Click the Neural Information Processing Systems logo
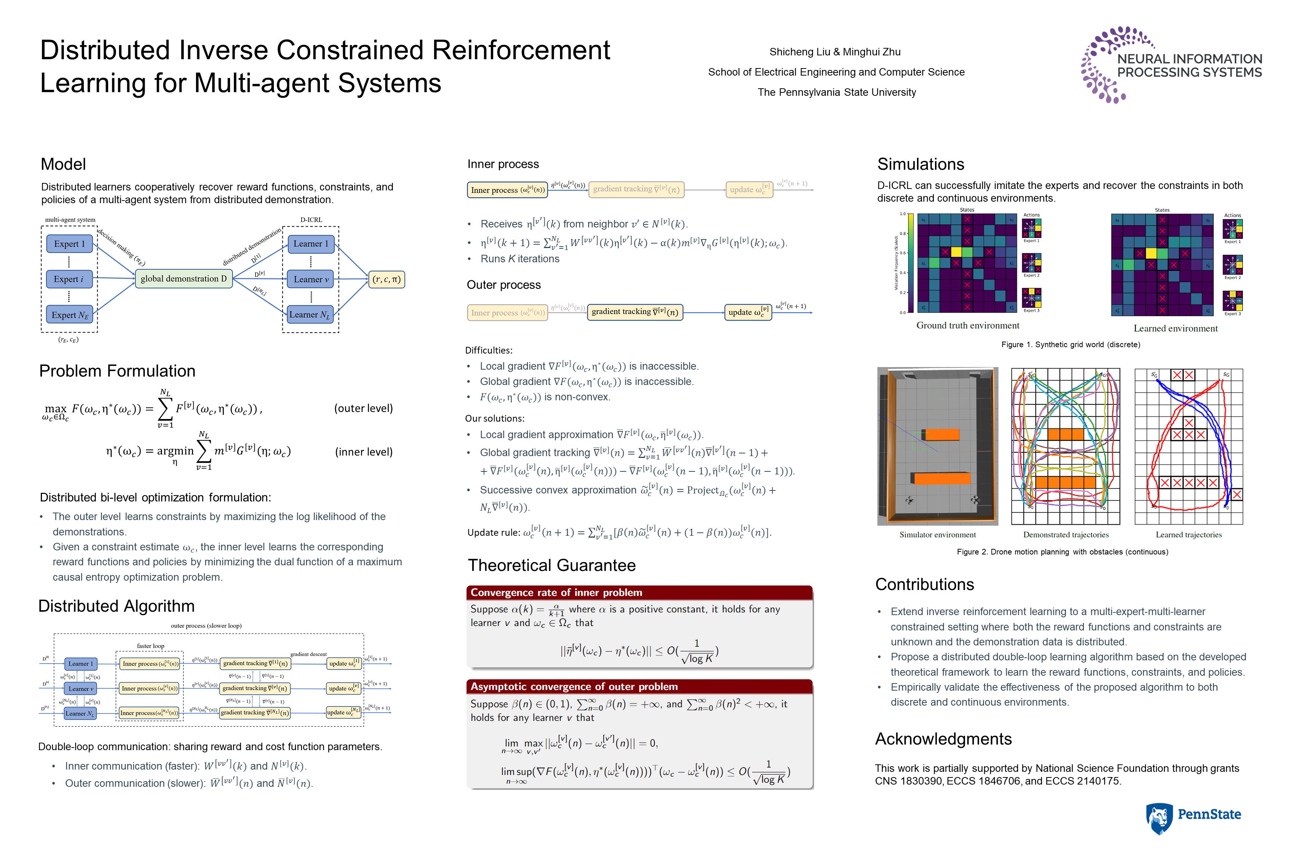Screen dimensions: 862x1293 pyautogui.click(x=1171, y=65)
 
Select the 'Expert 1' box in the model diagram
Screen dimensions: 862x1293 pyautogui.click(x=69, y=244)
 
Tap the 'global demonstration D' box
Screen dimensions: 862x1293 pyautogui.click(x=184, y=279)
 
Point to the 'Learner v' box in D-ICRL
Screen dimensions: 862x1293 pyautogui.click(x=311, y=279)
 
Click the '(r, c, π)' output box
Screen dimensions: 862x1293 pyautogui.click(x=386, y=279)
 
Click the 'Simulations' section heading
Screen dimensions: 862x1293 pyautogui.click(x=920, y=164)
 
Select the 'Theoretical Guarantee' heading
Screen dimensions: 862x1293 pyautogui.click(x=551, y=565)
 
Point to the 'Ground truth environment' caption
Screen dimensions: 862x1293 pyautogui.click(x=968, y=325)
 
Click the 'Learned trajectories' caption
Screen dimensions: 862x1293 pyautogui.click(x=1189, y=535)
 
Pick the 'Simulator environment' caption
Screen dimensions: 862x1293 pyautogui.click(x=937, y=535)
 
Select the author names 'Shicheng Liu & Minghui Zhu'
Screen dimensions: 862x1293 pyautogui.click(x=835, y=52)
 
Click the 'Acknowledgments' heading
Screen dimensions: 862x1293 pyautogui.click(x=943, y=739)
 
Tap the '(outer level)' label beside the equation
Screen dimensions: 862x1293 pyautogui.click(x=363, y=409)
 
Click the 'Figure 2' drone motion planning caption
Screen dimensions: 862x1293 pyautogui.click(x=1062, y=552)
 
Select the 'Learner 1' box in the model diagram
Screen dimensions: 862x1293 pyautogui.click(x=311, y=244)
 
